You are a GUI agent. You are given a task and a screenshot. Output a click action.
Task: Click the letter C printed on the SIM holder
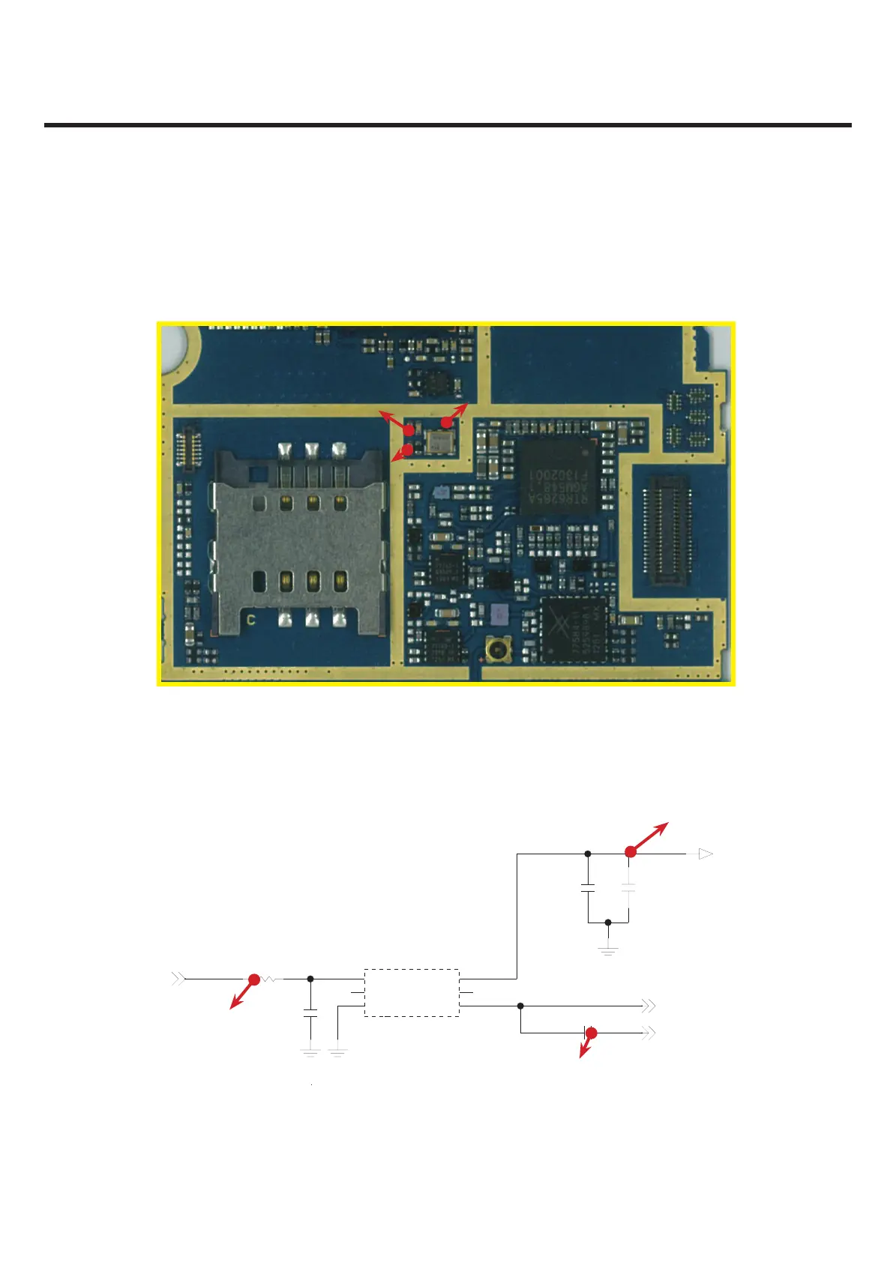[x=251, y=621]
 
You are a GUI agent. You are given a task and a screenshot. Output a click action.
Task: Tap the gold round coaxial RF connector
[x=496, y=649]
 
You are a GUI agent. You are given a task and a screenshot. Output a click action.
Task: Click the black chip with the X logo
[x=574, y=630]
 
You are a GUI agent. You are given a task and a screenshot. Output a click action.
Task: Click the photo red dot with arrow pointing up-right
[x=446, y=423]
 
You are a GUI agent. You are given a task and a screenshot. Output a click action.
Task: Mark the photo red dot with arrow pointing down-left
[x=406, y=450]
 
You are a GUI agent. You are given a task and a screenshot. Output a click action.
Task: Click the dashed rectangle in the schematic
[x=412, y=992]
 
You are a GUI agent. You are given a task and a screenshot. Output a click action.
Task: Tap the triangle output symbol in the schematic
[x=705, y=853]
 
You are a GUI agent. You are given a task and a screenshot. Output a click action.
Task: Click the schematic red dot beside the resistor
[x=253, y=979]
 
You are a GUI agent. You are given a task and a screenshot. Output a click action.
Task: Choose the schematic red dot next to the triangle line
[x=631, y=851]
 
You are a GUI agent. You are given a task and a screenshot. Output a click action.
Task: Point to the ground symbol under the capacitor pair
[x=608, y=950]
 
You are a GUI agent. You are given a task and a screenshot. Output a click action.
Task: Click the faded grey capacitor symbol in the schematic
[x=628, y=887]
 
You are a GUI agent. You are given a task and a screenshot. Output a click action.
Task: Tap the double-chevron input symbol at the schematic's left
[x=178, y=979]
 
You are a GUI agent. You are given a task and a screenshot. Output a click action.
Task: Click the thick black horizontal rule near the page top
[x=448, y=125]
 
